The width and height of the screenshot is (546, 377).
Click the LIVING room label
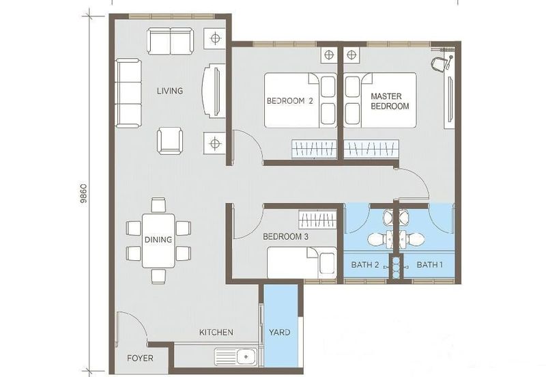pos(169,91)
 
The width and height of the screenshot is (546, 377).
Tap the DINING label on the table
pos(158,240)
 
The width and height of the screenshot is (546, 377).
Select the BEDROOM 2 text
pos(289,102)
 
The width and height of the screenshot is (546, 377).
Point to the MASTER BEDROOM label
pos(390,102)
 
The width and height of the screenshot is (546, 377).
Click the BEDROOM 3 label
pos(286,237)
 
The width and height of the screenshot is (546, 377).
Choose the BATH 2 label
pos(364,264)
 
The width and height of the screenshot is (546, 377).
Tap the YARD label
pos(280,333)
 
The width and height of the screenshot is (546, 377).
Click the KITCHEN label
pos(216,333)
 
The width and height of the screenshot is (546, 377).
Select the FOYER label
pos(140,359)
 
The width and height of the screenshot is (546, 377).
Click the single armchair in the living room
pos(170,141)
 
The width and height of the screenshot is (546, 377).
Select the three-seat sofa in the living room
pos(128,92)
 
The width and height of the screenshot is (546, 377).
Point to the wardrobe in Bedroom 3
pos(318,221)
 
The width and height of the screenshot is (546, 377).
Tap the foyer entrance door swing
pos(131,327)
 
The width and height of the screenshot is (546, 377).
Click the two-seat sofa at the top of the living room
pos(171,41)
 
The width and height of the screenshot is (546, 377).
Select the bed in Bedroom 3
pos(301,263)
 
